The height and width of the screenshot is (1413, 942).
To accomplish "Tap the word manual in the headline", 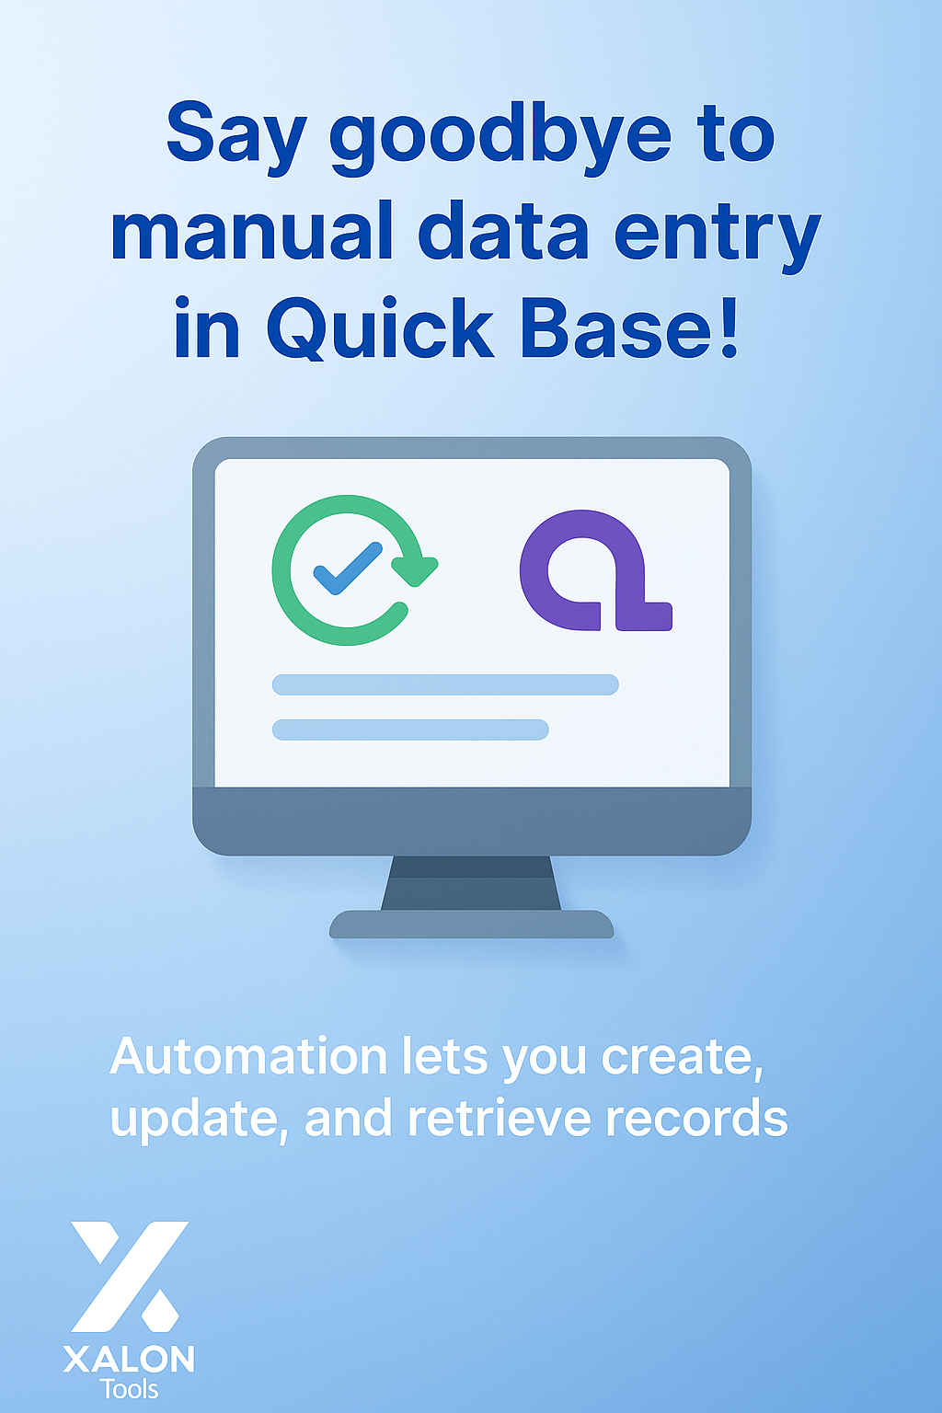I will [x=251, y=234].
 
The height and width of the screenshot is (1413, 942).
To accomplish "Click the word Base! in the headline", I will [x=629, y=329].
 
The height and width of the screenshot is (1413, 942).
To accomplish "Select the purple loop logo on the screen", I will [x=593, y=570].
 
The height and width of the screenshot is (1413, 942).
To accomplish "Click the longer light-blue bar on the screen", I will [x=445, y=684].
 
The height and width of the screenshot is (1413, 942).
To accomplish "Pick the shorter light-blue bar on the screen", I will [x=410, y=729].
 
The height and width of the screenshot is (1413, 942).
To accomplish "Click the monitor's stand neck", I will [x=471, y=883].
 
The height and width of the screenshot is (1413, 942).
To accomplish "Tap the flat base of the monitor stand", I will [x=471, y=925].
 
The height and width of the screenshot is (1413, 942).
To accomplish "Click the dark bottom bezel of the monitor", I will [x=471, y=821].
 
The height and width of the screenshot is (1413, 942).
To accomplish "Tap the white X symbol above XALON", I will [x=129, y=1276].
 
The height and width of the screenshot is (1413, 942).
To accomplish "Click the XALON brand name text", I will [x=129, y=1360].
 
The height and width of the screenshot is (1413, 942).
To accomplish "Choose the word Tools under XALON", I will [x=129, y=1389].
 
